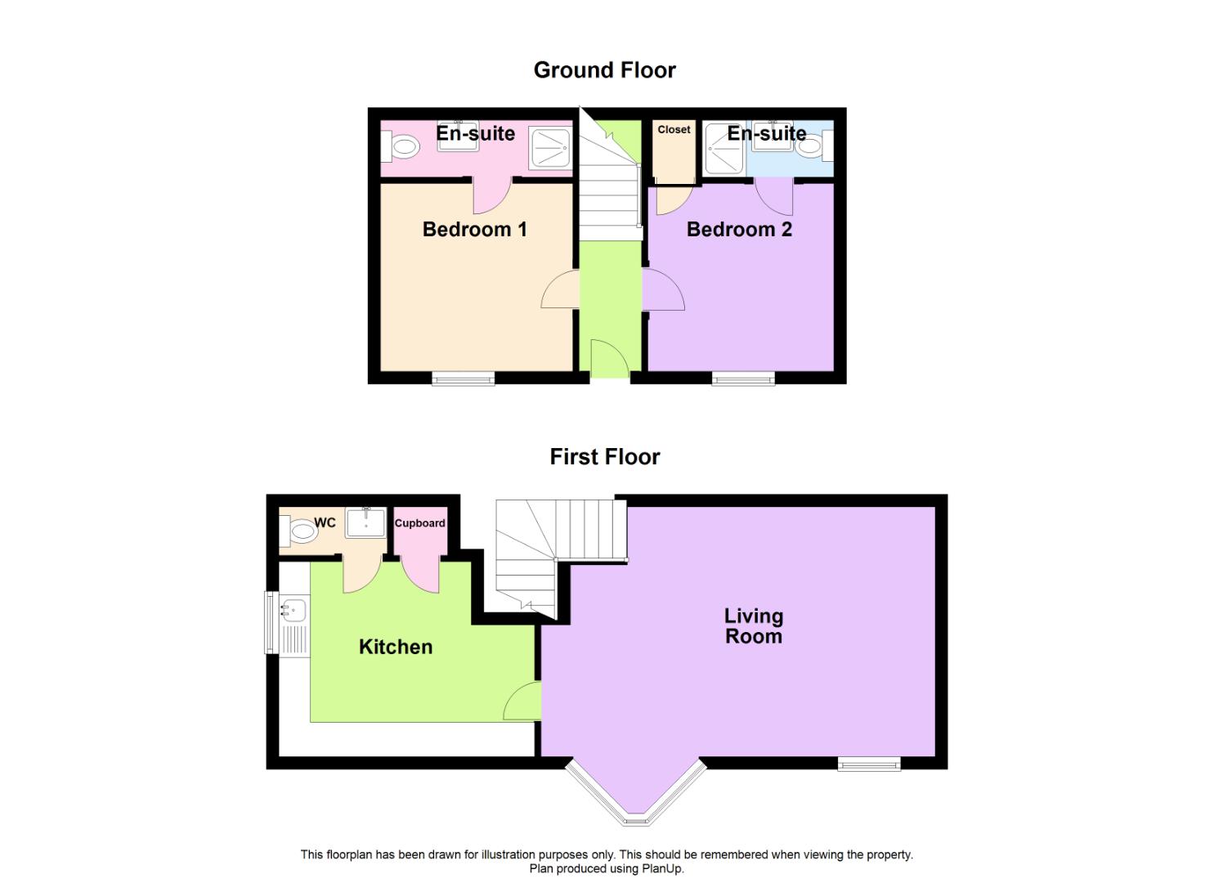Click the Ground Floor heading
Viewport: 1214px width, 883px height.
[604, 70]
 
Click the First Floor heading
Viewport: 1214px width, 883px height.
[604, 457]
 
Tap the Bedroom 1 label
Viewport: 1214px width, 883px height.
[474, 230]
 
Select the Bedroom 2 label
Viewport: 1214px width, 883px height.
[739, 230]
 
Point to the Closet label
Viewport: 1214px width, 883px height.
[674, 130]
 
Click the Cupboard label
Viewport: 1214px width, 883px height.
[419, 523]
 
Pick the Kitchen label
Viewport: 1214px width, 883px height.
[396, 648]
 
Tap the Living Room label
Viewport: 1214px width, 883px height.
[754, 626]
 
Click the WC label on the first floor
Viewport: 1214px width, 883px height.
[325, 523]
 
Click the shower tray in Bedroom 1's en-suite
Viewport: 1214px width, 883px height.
[552, 148]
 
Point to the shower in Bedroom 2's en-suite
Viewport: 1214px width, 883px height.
[723, 149]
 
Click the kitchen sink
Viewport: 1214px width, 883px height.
[293, 609]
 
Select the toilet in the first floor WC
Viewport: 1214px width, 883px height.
[300, 533]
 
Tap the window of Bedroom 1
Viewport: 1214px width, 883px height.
[464, 378]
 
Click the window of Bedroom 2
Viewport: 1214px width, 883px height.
[743, 378]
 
